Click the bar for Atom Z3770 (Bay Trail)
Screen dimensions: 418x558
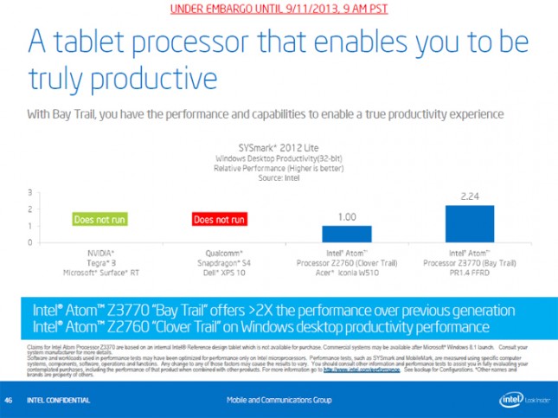(469, 223)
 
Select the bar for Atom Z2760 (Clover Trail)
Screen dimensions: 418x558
(346, 233)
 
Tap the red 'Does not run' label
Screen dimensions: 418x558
(220, 219)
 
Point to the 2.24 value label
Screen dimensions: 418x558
(469, 196)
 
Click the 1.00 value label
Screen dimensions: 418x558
(346, 217)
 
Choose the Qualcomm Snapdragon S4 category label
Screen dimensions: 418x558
(219, 261)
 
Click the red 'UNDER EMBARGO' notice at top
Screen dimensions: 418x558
(279, 8)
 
